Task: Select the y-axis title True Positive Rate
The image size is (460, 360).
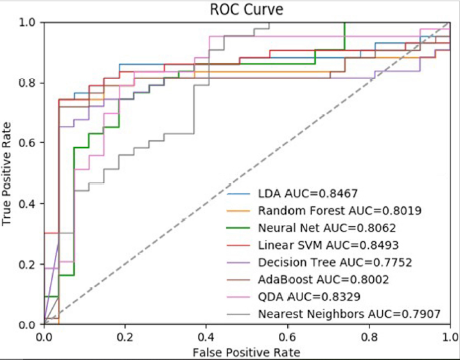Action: [8, 173]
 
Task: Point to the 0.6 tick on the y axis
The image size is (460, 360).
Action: [29, 143]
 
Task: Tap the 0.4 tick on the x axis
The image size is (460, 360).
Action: [206, 336]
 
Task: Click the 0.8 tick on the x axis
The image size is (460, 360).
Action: [369, 336]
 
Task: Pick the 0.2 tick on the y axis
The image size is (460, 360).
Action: [29, 264]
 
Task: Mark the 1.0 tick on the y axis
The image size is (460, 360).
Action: [29, 22]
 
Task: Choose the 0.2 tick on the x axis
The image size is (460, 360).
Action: [125, 336]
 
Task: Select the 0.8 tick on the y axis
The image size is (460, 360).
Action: [29, 83]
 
